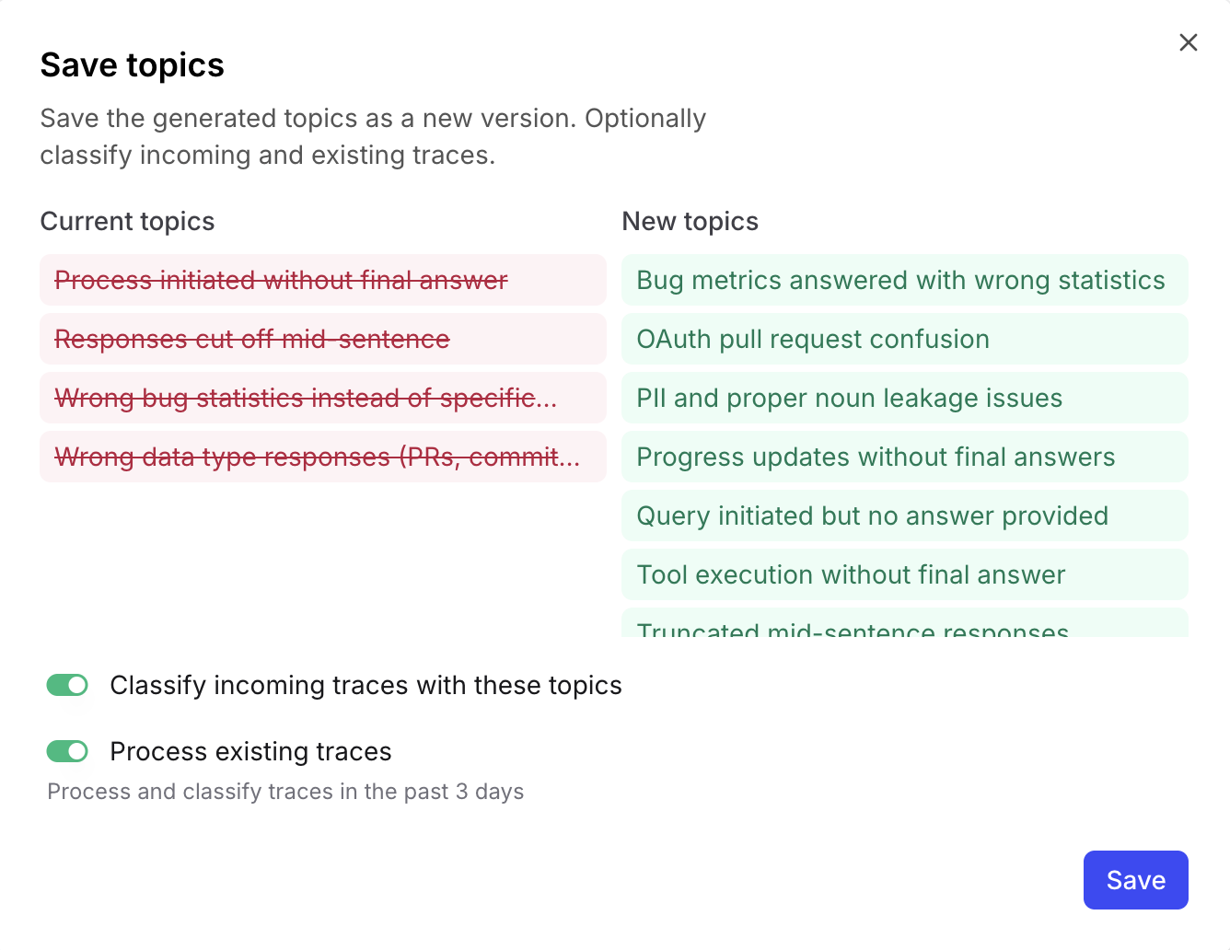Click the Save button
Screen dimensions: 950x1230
pos(1135,880)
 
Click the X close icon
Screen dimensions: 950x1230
pos(1188,42)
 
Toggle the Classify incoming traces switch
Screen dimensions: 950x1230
pos(67,685)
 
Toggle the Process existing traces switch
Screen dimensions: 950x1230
pos(67,751)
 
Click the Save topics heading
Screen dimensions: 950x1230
pos(132,65)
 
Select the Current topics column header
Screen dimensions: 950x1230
pos(127,222)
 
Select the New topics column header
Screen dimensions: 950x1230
pos(690,222)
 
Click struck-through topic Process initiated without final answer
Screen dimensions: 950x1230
pos(281,280)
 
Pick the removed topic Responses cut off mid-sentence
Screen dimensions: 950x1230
pos(252,339)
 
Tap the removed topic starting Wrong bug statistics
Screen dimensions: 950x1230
pos(306,398)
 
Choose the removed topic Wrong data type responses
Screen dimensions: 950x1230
pos(317,457)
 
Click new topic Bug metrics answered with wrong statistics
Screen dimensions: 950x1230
pos(900,280)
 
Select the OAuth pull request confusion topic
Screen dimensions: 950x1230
pos(813,339)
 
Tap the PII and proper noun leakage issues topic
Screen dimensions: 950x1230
pos(849,398)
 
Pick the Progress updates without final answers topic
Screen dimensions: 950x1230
pos(876,457)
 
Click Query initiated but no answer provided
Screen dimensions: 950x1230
pos(872,516)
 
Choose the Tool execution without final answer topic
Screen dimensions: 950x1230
pos(851,574)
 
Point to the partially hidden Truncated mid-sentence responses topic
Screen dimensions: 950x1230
pos(853,627)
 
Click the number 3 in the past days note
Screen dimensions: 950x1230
pos(461,792)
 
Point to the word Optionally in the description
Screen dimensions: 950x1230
pos(644,119)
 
